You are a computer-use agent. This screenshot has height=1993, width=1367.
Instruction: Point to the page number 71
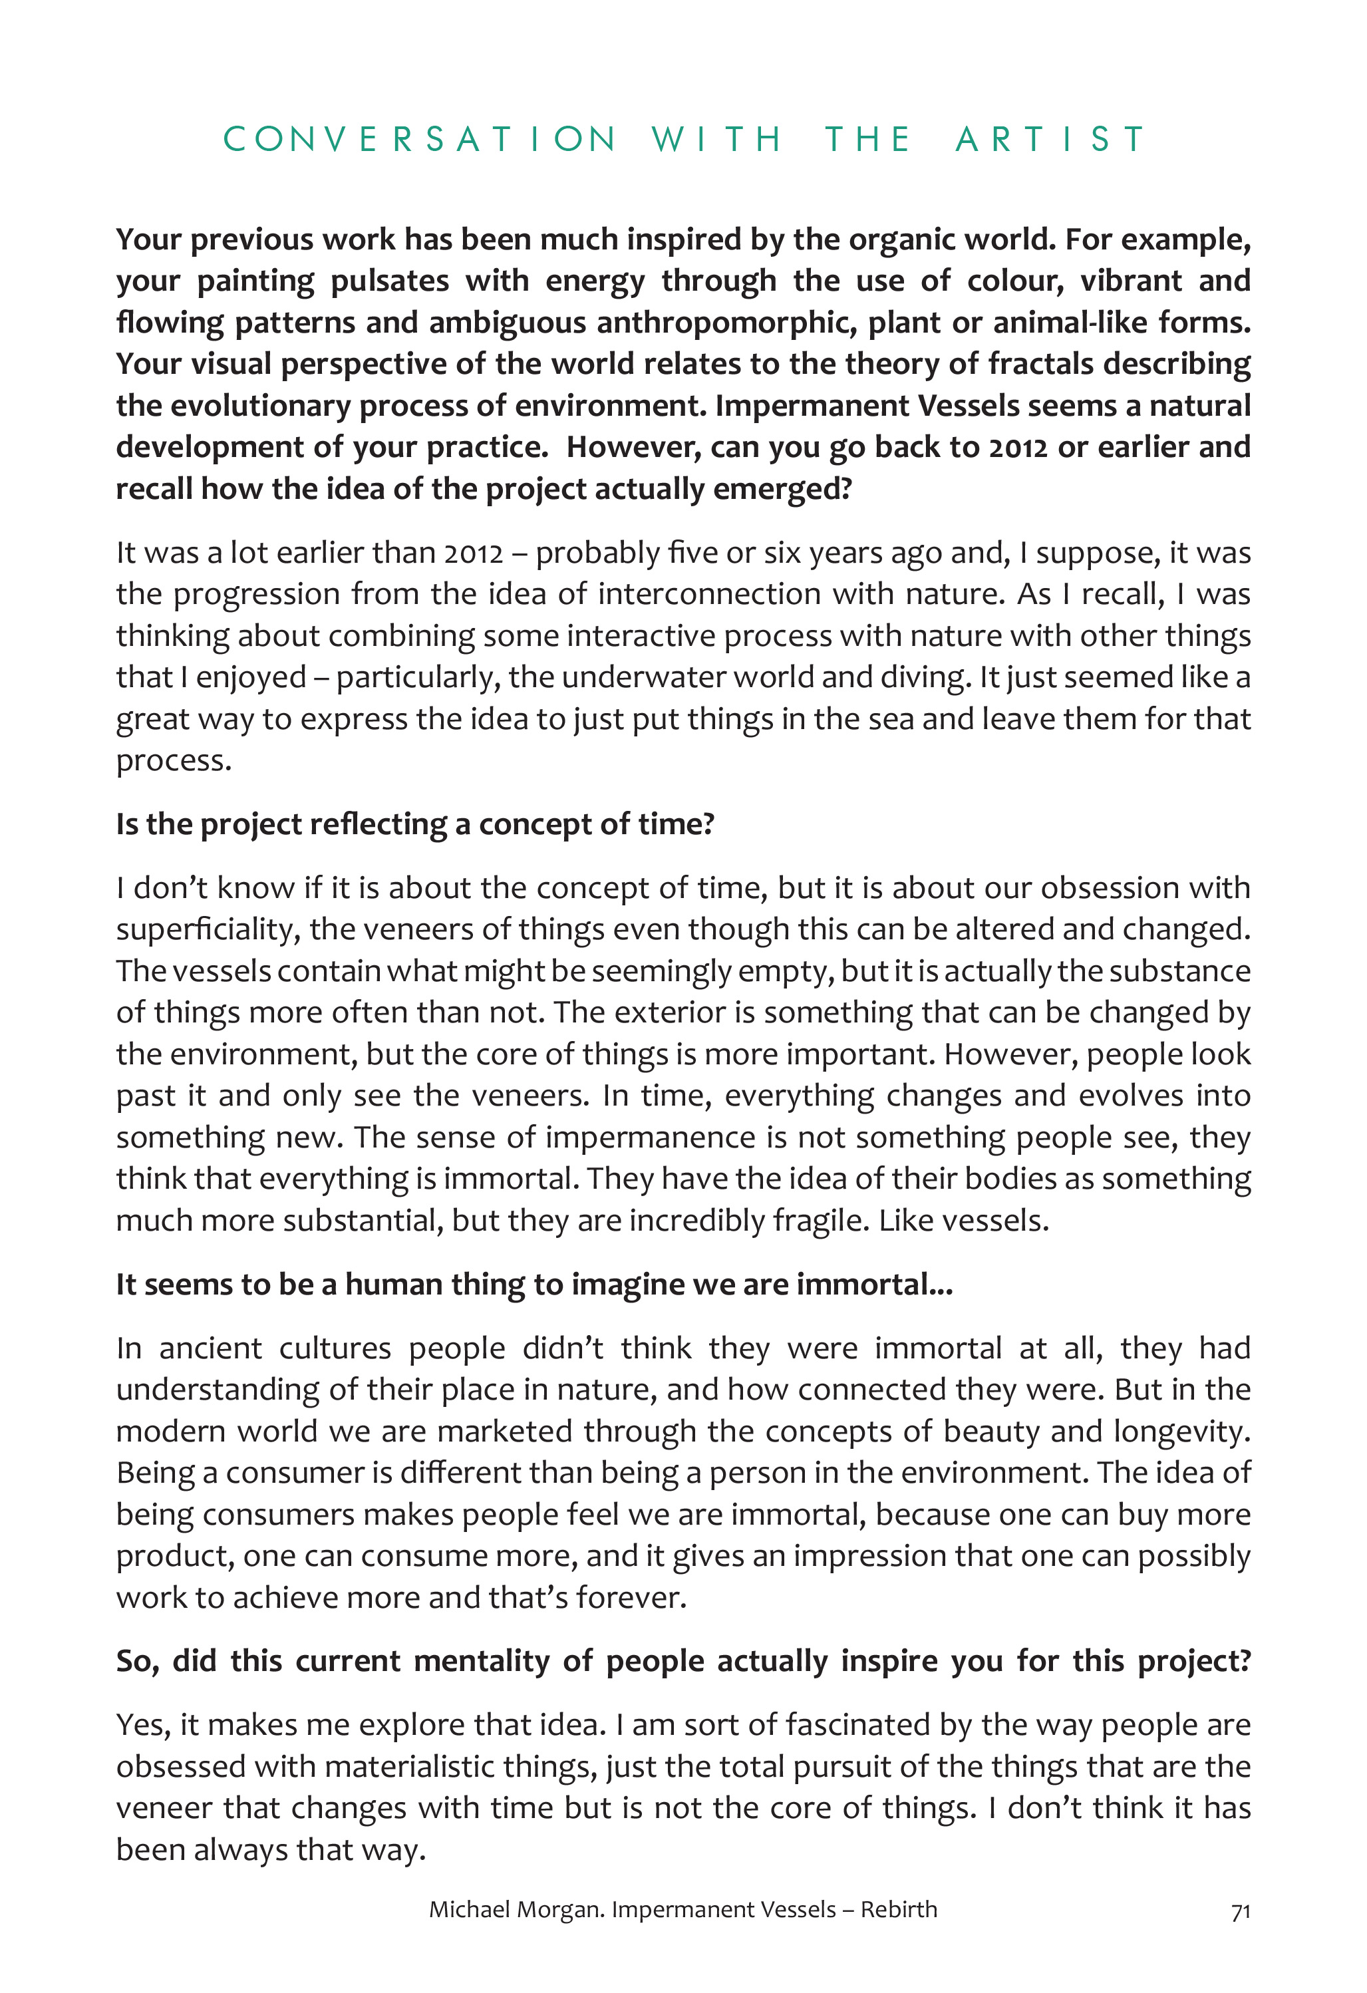click(1240, 1912)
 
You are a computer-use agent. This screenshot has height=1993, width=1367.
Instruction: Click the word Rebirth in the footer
click(899, 1910)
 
